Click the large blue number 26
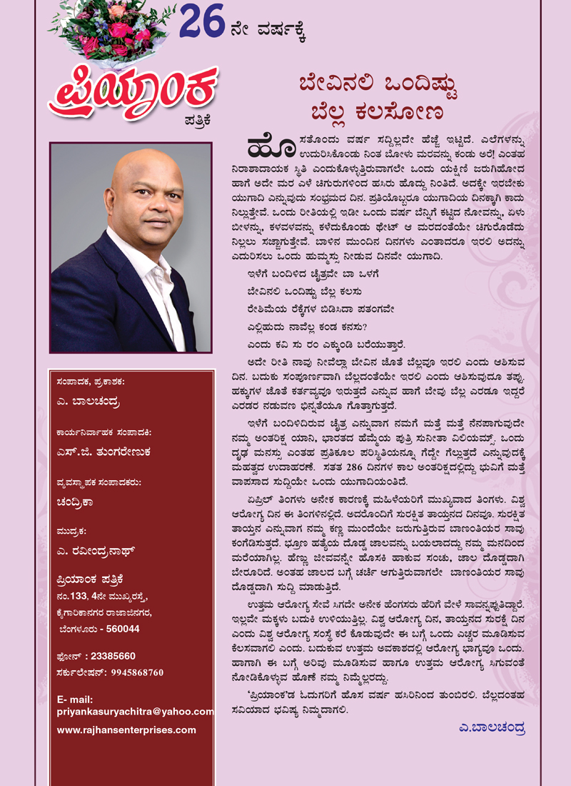click(x=202, y=22)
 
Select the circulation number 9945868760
click(x=128, y=672)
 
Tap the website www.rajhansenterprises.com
click(x=126, y=730)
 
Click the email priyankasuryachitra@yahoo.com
click(x=136, y=712)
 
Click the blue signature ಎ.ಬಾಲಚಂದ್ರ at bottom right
click(x=492, y=729)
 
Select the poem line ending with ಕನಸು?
click(x=303, y=327)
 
